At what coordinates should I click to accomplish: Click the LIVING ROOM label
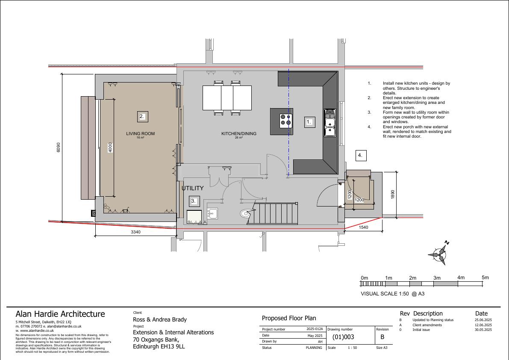140,133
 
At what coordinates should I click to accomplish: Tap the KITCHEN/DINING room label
238,133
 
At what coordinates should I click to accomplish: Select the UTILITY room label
192,188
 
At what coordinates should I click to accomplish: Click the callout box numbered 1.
309,122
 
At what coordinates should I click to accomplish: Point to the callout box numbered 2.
142,116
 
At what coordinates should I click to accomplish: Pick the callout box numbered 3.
194,201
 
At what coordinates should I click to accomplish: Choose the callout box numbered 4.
361,156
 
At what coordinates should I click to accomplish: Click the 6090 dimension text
59,148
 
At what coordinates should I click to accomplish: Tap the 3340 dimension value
135,232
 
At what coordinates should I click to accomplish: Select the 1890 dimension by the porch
393,195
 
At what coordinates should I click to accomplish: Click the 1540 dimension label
364,227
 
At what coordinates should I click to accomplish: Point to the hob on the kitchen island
286,121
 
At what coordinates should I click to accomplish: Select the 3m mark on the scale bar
437,278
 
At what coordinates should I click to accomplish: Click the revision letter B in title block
382,337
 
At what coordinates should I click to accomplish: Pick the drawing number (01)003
343,337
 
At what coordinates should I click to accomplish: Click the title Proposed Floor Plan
289,318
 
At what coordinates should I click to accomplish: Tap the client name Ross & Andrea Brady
160,319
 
